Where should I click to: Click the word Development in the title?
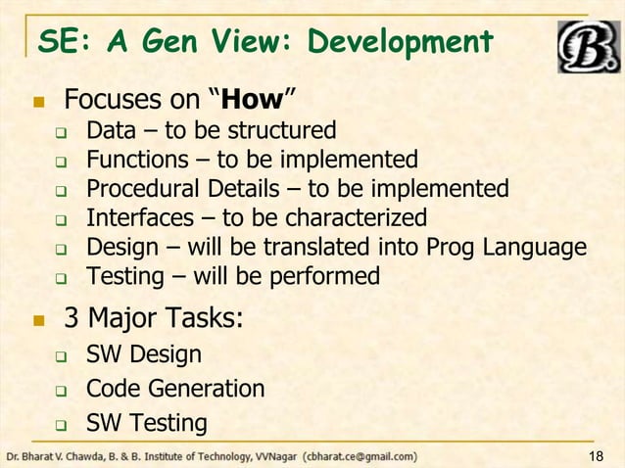click(x=400, y=43)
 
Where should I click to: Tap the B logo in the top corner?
click(x=587, y=46)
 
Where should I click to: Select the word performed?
click(x=319, y=276)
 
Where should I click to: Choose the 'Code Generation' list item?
click(x=175, y=389)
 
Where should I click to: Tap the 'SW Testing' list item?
click(x=146, y=423)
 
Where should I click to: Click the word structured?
click(x=283, y=130)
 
